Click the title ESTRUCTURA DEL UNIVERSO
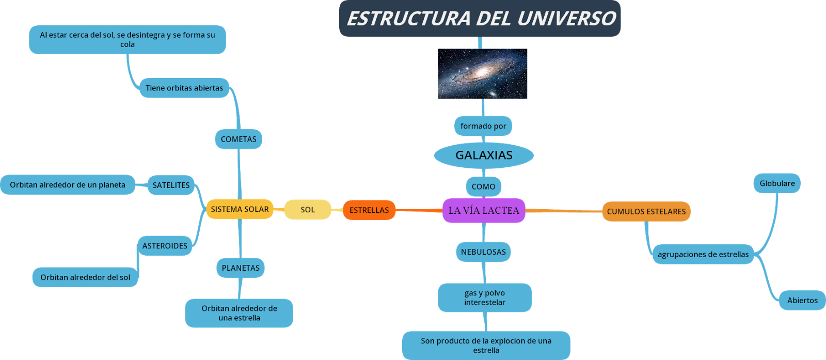480,19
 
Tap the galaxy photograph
483,74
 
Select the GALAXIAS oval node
484,155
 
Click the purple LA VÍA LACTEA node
484,210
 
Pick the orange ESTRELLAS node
369,210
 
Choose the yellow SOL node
308,210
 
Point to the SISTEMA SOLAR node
240,209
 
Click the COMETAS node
239,139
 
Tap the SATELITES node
171,185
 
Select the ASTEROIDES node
165,246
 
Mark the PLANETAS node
241,268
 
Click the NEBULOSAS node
483,252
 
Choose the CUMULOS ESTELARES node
646,211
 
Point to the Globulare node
777,183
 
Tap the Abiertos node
802,300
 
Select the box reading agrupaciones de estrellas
703,254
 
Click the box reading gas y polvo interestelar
485,298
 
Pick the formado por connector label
483,126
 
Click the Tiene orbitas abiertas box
184,88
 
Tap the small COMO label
483,186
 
